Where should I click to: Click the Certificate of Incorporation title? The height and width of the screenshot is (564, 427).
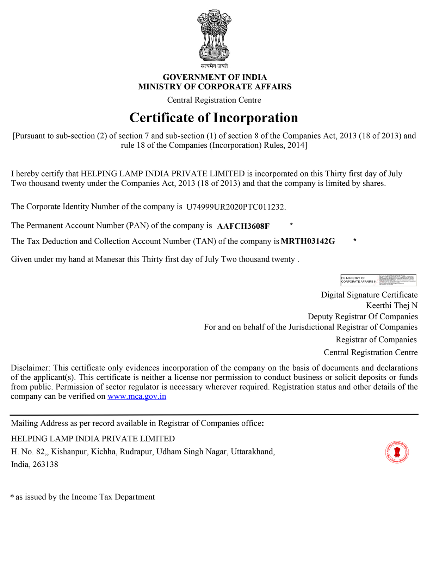click(x=213, y=118)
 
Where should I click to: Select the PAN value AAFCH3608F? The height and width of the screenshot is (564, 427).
click(x=243, y=226)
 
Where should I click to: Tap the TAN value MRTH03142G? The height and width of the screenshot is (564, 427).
click(x=308, y=241)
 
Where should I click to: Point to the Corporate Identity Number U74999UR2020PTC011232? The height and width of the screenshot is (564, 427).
click(x=235, y=207)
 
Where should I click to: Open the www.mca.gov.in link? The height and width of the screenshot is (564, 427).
click(x=137, y=396)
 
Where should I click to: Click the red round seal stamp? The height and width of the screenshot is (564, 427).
click(x=397, y=452)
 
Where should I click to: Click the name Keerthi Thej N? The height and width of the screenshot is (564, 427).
click(x=391, y=305)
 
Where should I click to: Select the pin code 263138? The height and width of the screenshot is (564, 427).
click(x=45, y=465)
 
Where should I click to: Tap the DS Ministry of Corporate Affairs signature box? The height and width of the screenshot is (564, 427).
click(x=378, y=280)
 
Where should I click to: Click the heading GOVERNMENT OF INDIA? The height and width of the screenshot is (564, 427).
click(x=215, y=77)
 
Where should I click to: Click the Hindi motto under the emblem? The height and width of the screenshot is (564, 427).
click(x=214, y=66)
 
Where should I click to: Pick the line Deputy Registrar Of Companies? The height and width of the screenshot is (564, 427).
click(x=363, y=317)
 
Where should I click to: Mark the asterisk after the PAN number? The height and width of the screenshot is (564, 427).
click(x=291, y=225)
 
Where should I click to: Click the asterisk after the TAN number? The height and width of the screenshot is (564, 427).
click(x=354, y=240)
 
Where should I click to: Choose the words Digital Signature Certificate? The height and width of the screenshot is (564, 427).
click(x=369, y=295)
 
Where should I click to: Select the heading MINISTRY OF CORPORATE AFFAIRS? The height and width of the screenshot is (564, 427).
click(x=215, y=87)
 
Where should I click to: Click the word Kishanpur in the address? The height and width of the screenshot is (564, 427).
click(x=69, y=452)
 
